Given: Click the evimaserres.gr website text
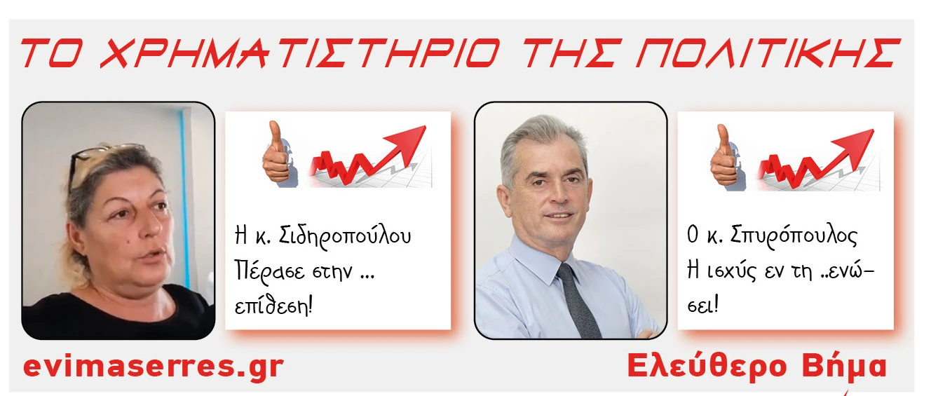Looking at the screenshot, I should point(154,366).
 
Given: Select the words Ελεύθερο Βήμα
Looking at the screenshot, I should point(757,366).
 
